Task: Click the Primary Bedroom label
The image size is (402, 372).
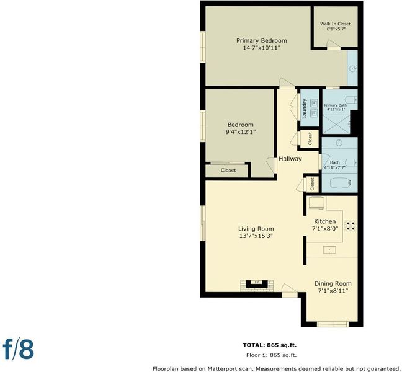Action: (262, 41)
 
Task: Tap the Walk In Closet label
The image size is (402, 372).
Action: (335, 24)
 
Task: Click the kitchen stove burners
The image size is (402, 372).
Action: (351, 226)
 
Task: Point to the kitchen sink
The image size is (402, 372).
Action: (329, 250)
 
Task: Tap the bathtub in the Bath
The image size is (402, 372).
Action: (340, 183)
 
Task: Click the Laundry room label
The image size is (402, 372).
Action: (305, 108)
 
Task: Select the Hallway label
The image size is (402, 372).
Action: (290, 159)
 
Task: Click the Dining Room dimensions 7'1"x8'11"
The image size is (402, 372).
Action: (333, 291)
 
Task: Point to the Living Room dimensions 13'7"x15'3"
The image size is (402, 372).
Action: (256, 236)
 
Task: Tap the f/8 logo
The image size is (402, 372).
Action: (19, 350)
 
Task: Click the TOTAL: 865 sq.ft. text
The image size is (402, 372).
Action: (270, 345)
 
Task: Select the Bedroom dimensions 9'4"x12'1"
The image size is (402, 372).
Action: (241, 132)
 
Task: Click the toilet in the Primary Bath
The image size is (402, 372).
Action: (351, 99)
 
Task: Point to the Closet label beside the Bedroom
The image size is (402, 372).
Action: (228, 170)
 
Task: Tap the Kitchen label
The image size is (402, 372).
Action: (325, 221)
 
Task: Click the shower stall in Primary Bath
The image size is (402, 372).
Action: (336, 124)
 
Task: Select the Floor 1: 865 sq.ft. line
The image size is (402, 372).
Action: (271, 355)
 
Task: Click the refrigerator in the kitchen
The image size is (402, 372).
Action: (317, 203)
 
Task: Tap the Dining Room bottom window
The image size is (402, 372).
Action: (333, 324)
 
